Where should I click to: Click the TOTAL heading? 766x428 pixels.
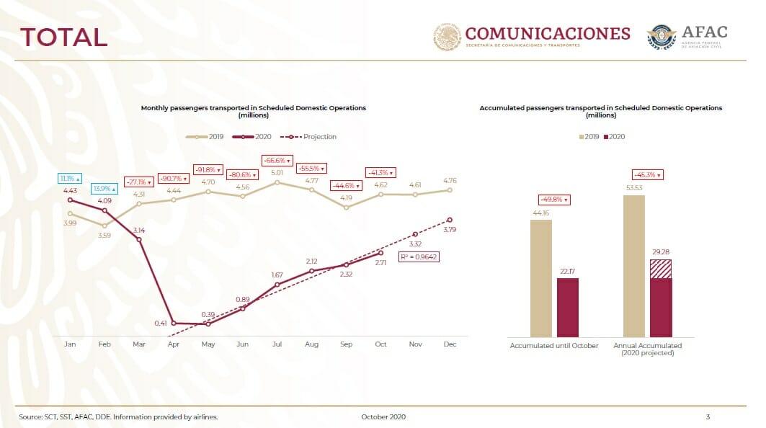(x=63, y=37)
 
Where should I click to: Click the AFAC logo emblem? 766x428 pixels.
(x=662, y=37)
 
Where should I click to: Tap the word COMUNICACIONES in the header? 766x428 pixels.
(x=548, y=33)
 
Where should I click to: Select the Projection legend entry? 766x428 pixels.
(x=308, y=137)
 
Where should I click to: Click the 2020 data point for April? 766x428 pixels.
(x=174, y=323)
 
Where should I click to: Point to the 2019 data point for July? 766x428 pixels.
(x=277, y=183)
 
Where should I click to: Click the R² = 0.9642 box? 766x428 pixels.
(x=419, y=257)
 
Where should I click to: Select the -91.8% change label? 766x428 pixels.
(x=208, y=170)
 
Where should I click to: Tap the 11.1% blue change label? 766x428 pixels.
(x=70, y=179)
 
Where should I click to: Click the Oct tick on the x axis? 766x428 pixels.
(x=380, y=344)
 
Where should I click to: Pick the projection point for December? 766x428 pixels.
(x=450, y=220)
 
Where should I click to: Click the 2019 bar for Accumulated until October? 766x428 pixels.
(x=540, y=279)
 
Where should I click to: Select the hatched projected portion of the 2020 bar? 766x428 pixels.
(x=661, y=269)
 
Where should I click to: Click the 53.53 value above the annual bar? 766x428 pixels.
(x=634, y=187)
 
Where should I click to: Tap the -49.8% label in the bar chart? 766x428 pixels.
(x=554, y=200)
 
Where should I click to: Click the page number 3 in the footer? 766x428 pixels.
(x=708, y=416)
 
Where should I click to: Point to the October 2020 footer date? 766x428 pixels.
(x=383, y=416)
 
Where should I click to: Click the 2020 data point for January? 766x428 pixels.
(x=71, y=200)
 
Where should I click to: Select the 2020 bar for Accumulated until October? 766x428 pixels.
(x=568, y=308)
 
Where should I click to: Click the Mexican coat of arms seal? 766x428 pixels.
(x=447, y=37)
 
